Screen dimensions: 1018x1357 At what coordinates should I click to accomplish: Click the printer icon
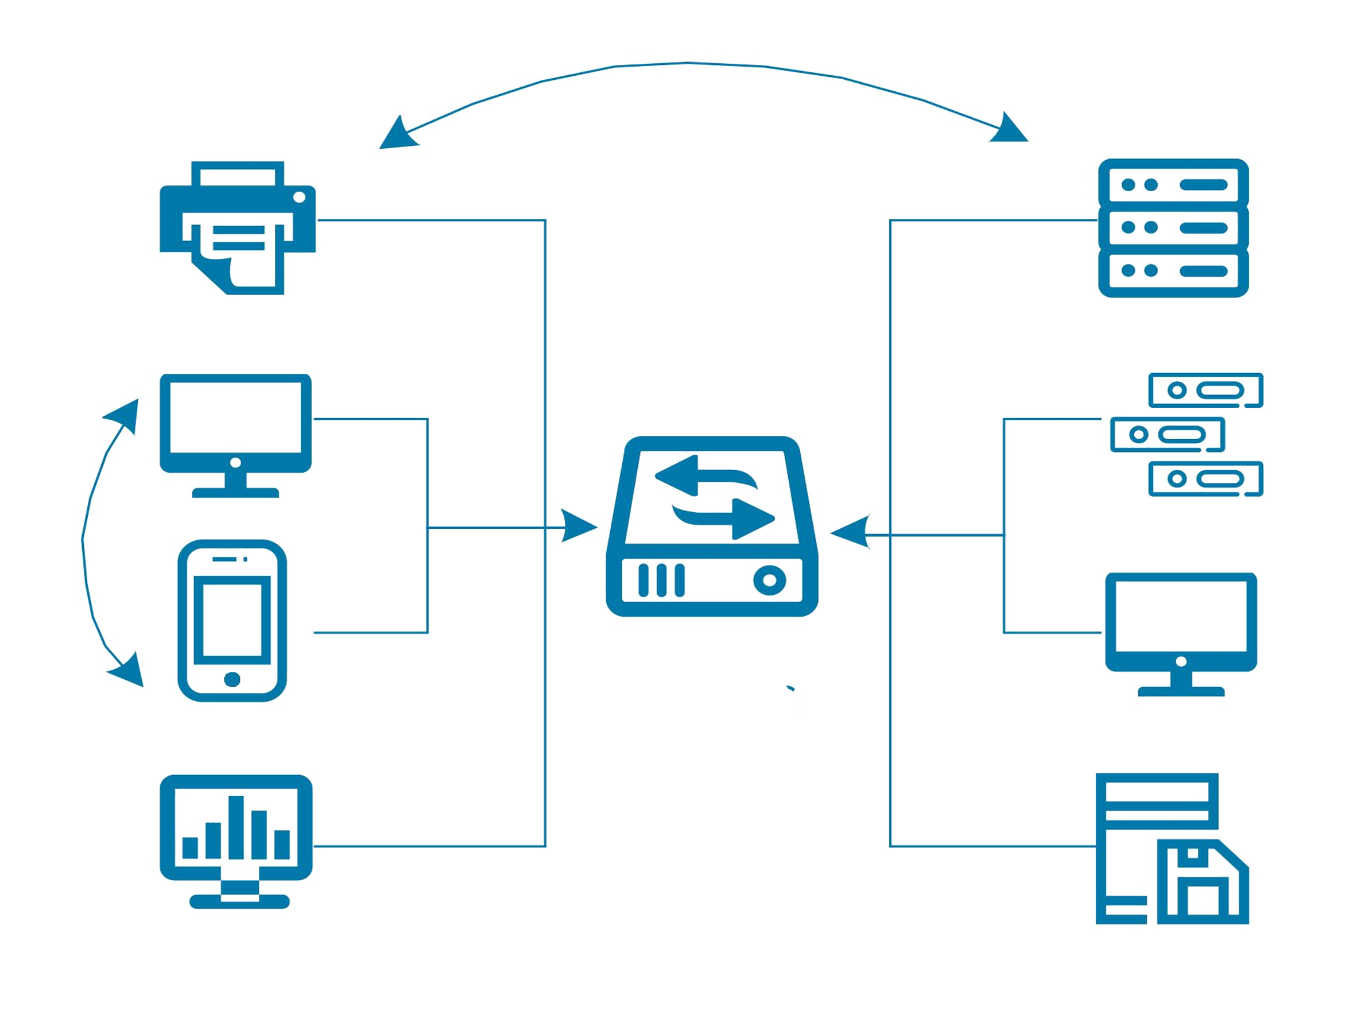238,227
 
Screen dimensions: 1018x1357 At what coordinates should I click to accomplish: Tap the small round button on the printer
300,197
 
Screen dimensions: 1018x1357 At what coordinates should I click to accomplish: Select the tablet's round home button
232,679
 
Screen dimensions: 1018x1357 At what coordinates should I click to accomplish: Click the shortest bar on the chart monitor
190,847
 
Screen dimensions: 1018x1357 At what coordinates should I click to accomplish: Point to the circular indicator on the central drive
769,580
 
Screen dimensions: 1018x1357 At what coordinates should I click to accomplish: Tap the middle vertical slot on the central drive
661,580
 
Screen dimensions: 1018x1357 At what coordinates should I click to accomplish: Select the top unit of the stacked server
1173,184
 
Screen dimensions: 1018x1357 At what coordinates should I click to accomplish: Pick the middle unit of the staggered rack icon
1168,435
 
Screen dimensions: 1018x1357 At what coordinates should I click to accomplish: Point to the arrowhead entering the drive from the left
583,527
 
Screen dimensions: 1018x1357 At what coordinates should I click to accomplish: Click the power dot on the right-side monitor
1181,661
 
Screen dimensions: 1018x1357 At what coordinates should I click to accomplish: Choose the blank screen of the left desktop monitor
235,416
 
